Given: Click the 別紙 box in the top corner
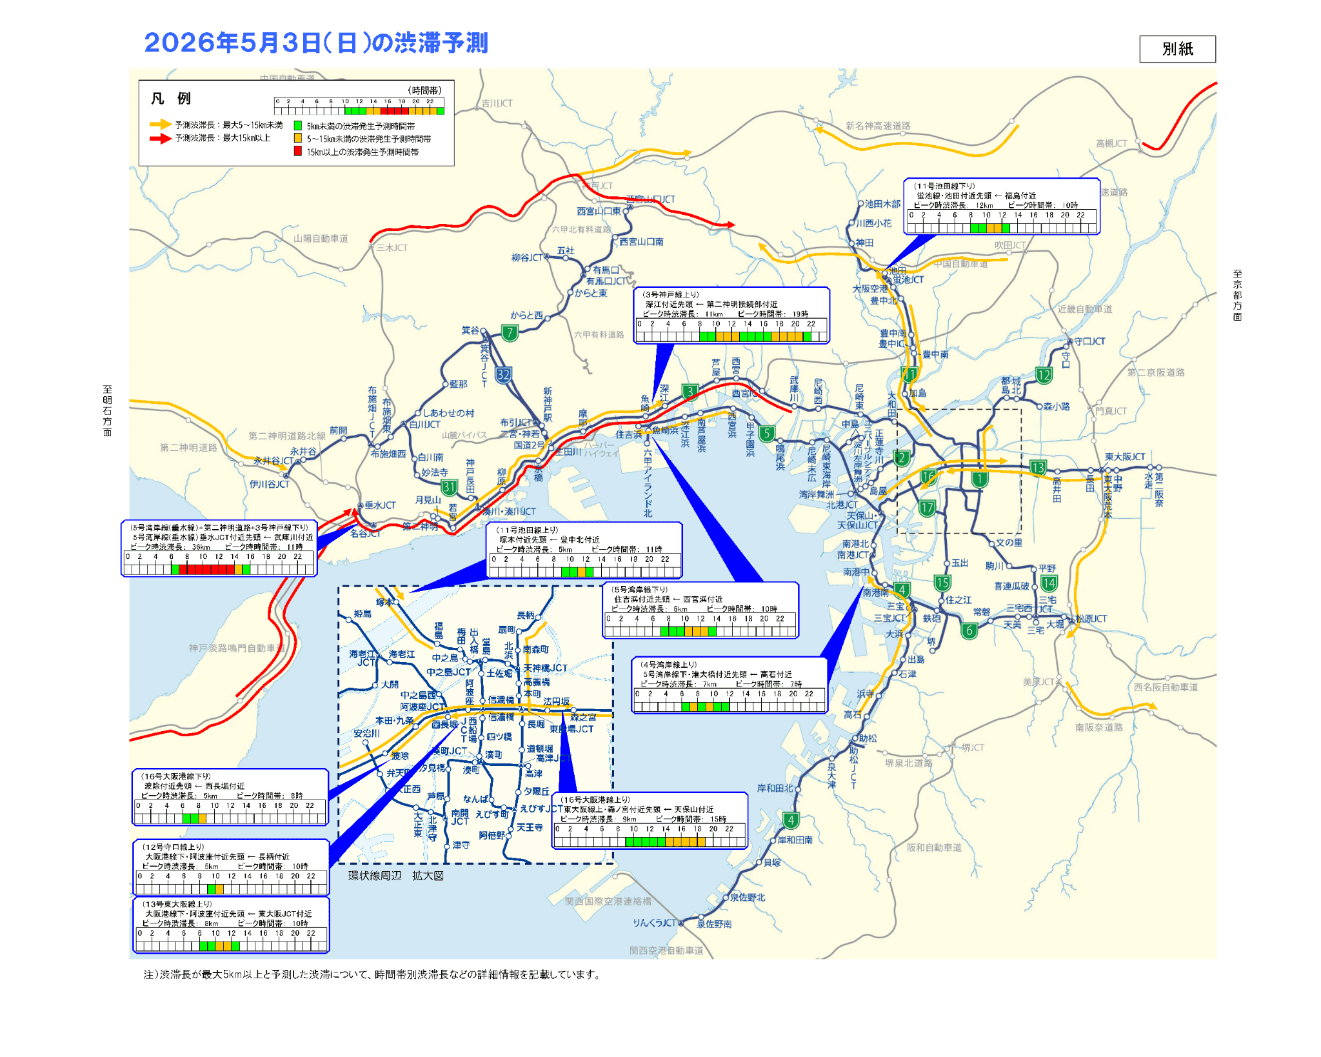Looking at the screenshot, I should [x=1177, y=49].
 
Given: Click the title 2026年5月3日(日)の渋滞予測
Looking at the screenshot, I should [x=316, y=43].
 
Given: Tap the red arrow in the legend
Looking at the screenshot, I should [x=160, y=138].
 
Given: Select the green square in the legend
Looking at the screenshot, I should [x=298, y=126].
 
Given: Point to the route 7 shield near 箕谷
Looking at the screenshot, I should [x=510, y=333].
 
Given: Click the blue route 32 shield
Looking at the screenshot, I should [x=503, y=375].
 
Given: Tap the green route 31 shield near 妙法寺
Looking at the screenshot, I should [x=449, y=487].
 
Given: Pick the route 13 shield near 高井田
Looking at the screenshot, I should [x=1038, y=468].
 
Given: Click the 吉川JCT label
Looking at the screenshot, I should [x=497, y=103].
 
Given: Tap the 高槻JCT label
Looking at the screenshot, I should [x=1111, y=143].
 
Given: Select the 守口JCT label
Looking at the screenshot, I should [x=1089, y=341].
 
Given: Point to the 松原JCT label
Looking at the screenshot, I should [x=1091, y=619].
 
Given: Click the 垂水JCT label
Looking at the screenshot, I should [x=380, y=505].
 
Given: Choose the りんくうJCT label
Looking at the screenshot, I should [x=654, y=923].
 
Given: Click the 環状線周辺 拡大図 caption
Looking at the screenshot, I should [x=395, y=876].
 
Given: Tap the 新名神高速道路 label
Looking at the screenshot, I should [x=878, y=126].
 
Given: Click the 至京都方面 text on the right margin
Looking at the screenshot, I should [x=1237, y=295].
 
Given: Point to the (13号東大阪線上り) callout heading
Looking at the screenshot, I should [x=177, y=904].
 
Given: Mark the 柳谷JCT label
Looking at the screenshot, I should [x=527, y=257].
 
